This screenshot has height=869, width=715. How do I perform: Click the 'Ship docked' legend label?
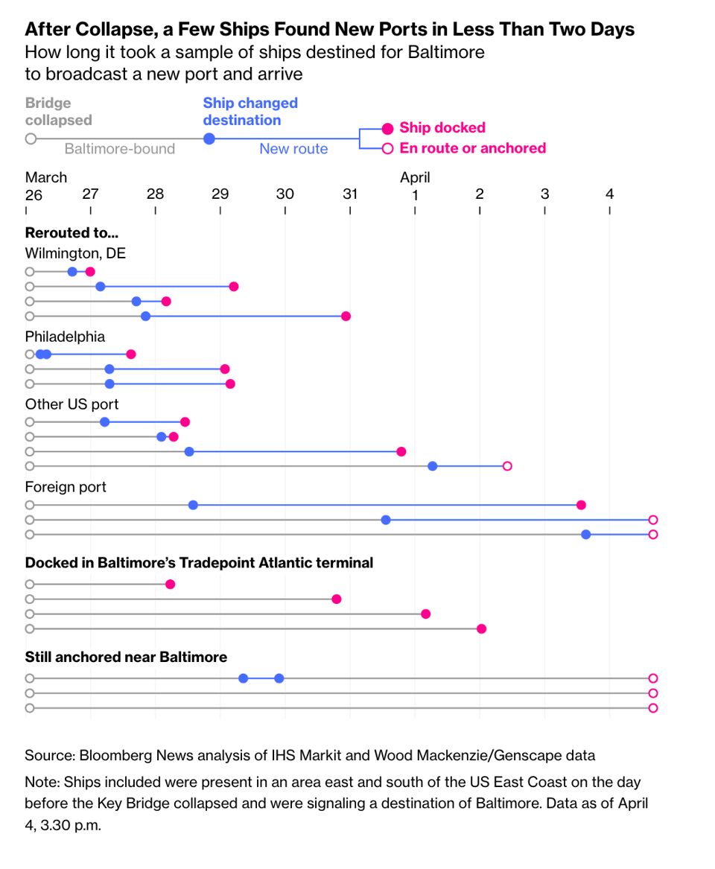tap(442, 127)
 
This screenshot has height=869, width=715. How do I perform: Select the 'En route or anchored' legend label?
tap(472, 148)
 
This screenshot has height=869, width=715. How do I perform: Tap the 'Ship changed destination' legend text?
tap(250, 112)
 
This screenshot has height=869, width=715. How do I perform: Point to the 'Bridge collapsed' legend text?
tap(59, 112)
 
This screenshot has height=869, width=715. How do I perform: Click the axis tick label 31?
tap(350, 194)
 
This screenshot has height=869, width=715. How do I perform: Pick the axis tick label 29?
tap(220, 194)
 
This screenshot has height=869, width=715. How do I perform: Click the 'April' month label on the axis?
tap(415, 177)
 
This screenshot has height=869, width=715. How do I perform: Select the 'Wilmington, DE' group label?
tap(75, 253)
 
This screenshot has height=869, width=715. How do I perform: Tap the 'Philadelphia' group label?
tap(65, 337)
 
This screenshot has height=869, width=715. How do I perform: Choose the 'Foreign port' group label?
tap(66, 487)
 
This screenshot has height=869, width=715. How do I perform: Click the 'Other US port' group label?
tap(71, 404)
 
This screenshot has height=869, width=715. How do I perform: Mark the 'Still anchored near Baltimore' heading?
tap(126, 657)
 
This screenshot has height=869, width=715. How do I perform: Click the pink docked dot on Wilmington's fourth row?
tap(346, 316)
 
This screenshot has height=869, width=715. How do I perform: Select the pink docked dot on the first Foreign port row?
tap(581, 505)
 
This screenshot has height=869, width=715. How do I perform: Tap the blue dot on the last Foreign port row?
tap(586, 535)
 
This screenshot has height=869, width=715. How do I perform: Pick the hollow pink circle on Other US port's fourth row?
tap(507, 466)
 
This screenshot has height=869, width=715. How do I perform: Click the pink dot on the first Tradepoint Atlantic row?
tap(170, 585)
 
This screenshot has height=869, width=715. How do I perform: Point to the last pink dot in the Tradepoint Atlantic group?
tap(481, 629)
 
